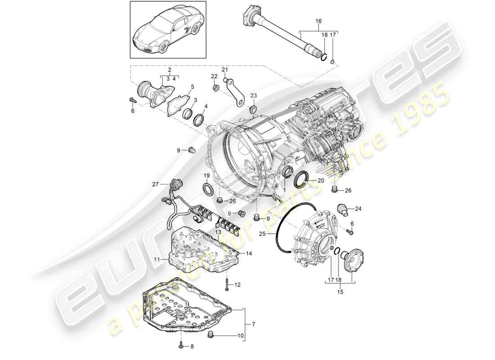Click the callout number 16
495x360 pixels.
(319, 21)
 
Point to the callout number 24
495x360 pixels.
(358, 208)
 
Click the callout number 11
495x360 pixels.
(158, 260)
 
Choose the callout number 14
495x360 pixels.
(249, 254)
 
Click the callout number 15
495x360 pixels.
(340, 292)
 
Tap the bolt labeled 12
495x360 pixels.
(227, 284)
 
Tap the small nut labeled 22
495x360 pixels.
(216, 86)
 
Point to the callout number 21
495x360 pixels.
(225, 70)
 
